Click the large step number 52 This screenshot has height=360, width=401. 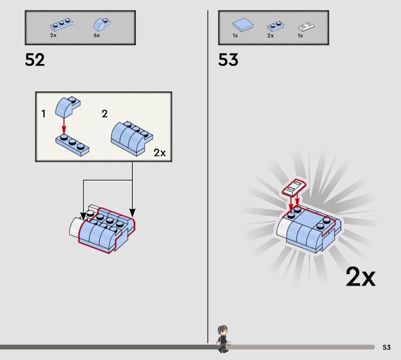[35, 60]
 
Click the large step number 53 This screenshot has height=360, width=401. [228, 60]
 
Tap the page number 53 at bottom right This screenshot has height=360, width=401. [386, 347]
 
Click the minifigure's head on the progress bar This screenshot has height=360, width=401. [223, 330]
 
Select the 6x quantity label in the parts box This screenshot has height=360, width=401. [97, 35]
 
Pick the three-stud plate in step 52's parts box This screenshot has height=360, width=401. [61, 25]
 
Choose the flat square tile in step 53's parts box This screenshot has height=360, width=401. [243, 25]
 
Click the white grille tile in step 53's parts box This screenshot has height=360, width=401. [306, 27]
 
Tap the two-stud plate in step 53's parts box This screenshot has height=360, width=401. [275, 27]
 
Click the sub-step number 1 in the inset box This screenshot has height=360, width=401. [44, 114]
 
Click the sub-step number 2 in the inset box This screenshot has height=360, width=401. [105, 114]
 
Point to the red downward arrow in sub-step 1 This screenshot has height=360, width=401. [64, 126]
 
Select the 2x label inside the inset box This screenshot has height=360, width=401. [159, 153]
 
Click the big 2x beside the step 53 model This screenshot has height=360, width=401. [360, 277]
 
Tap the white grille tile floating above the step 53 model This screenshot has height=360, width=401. [294, 188]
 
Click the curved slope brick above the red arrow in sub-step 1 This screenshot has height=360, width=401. [68, 107]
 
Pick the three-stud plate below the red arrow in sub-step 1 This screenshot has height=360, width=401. [72, 145]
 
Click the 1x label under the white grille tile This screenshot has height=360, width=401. [300, 36]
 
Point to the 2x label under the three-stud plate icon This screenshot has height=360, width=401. [53, 35]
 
